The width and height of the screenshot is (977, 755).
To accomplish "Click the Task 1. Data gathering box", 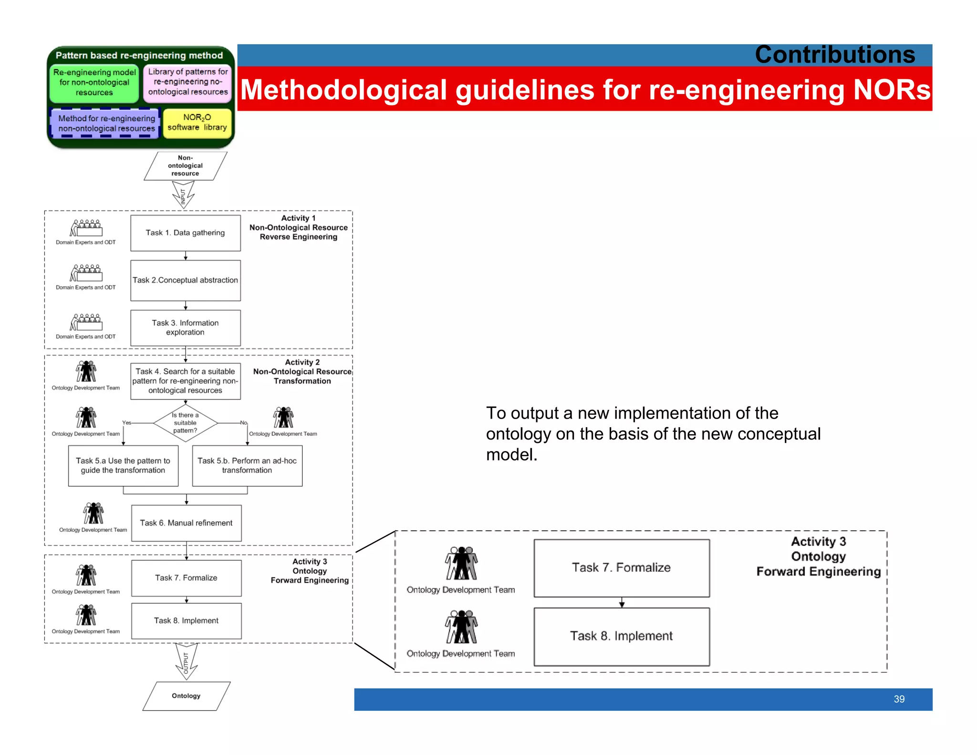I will click(x=185, y=233).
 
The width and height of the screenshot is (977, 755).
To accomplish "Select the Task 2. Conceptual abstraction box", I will click(x=185, y=280).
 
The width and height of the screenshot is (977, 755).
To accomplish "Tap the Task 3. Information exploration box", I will click(x=185, y=328).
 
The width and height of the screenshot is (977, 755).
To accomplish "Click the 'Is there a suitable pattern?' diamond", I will click(x=185, y=423).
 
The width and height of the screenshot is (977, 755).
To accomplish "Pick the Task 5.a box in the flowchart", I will click(x=123, y=466).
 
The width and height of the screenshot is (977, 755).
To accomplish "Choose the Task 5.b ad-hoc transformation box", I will click(x=247, y=466).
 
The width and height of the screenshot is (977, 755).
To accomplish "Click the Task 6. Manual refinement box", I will click(x=186, y=523).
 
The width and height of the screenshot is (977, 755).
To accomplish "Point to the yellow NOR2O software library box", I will click(x=197, y=123).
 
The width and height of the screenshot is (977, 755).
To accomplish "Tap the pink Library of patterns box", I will click(x=187, y=82).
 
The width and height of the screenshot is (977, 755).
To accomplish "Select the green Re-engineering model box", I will click(x=94, y=83).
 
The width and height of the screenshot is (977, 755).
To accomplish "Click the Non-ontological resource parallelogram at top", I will click(x=185, y=166).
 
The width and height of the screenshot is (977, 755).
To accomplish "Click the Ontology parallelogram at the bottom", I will click(x=186, y=696).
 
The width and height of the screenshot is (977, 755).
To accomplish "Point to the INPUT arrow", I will click(x=183, y=195).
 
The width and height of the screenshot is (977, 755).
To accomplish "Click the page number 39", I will click(x=899, y=699).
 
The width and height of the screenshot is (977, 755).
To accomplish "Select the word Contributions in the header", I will click(x=835, y=54).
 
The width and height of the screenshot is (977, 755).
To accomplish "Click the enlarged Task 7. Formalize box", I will click(x=621, y=568).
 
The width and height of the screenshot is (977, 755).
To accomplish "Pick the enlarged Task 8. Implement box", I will click(x=621, y=636).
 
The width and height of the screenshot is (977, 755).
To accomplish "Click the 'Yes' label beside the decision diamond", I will click(x=126, y=422).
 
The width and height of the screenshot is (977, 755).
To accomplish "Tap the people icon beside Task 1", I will click(x=86, y=228).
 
